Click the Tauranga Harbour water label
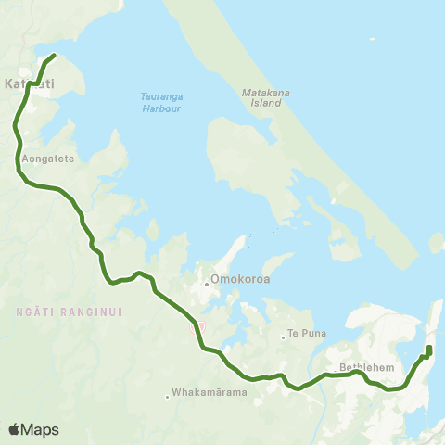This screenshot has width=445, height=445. (x=159, y=102)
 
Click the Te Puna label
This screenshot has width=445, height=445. (x=305, y=333)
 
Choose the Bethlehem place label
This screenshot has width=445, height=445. (x=368, y=367)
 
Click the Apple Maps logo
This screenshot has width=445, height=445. (x=33, y=429)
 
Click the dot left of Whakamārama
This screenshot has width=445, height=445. (x=168, y=396)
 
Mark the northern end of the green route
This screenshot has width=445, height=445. (x=54, y=56)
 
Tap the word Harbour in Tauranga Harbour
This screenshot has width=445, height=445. (x=160, y=108)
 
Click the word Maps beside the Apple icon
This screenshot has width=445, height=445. (x=40, y=429)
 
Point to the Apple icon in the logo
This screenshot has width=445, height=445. (x=14, y=429)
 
